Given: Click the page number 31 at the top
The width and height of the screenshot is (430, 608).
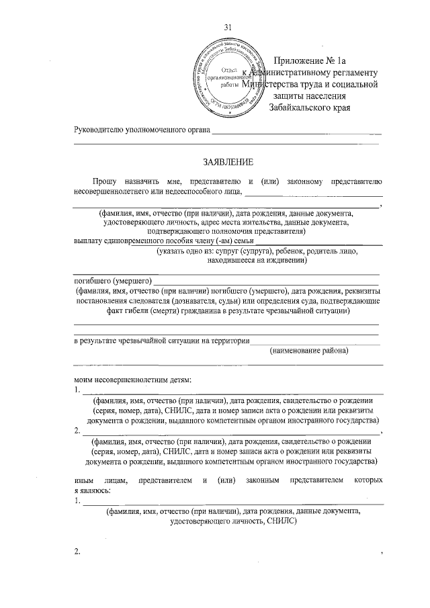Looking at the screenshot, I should (227, 27).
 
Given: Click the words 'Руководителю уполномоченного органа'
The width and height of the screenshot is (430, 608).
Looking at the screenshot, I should (142, 129).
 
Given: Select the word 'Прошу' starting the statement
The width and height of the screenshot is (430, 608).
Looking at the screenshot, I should (106, 181).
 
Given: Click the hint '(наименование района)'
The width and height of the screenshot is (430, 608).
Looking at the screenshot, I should (308, 351).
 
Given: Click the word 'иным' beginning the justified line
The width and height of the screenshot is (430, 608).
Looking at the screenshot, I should (83, 480).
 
